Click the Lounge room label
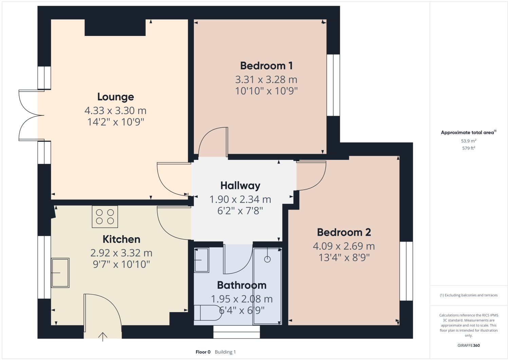coord(115,97)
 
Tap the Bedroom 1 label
coord(266,66)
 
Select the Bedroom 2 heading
coord(344,232)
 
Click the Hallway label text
coord(240,186)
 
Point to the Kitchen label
coord(121,240)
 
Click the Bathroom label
coord(241,285)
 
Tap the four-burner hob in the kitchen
coord(105,217)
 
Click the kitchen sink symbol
coord(60,273)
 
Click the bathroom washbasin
coord(201,260)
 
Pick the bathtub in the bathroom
coord(268,286)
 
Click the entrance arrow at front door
coord(103,337)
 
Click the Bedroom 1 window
coord(333,85)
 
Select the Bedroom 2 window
coord(406,271)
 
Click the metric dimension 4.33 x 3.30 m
coord(115,111)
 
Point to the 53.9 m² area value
coord(468,141)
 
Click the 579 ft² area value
coord(468,148)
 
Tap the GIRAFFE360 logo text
coord(469,345)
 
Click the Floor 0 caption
coord(203,352)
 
